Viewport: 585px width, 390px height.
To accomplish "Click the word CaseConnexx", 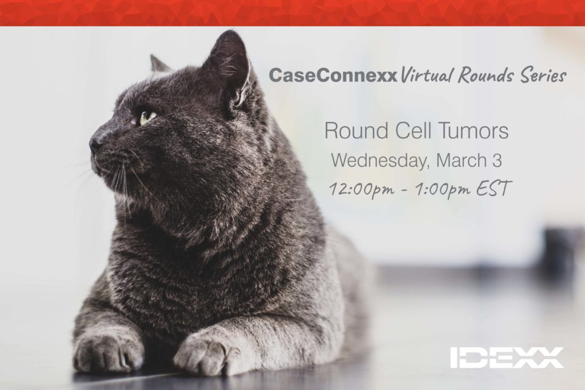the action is click(332, 76).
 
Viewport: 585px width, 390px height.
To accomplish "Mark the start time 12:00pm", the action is click(361, 189).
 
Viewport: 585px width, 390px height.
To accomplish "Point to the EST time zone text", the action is click(492, 188).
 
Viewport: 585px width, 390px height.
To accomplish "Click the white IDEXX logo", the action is click(507, 357).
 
